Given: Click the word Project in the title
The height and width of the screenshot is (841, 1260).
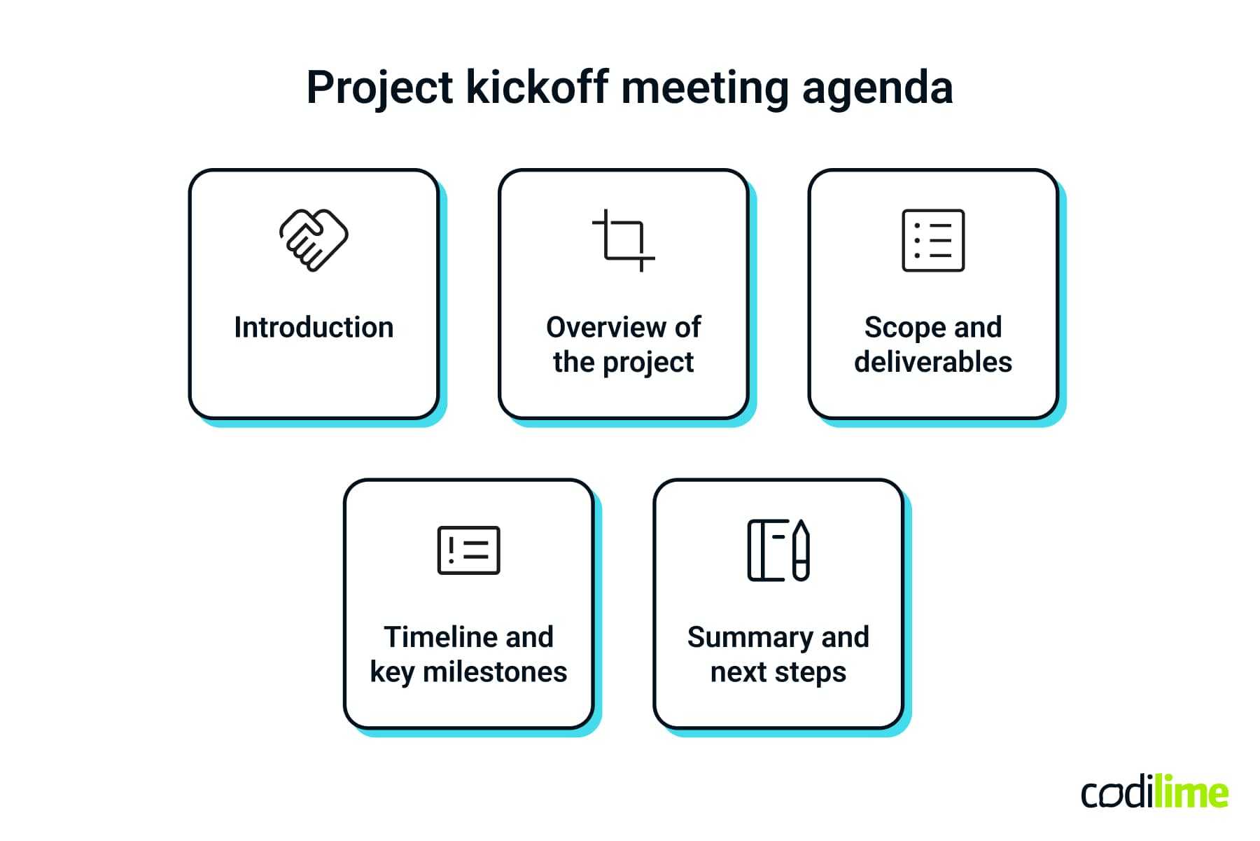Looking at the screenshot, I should [379, 88].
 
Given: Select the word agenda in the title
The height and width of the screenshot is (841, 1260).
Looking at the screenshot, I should [877, 90].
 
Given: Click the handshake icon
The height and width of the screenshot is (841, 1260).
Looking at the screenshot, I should [314, 240].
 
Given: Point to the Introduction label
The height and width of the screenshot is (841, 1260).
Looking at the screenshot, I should [314, 327].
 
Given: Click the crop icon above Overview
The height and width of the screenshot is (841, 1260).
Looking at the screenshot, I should [623, 240].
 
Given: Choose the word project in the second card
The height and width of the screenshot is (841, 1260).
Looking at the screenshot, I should [648, 363].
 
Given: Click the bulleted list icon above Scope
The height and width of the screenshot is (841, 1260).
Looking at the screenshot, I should [933, 240].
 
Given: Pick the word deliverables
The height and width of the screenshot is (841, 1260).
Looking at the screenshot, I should [933, 362].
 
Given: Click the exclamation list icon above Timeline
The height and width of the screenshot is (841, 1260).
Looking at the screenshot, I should [468, 550].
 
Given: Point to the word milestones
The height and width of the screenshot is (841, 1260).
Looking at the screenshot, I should [495, 672].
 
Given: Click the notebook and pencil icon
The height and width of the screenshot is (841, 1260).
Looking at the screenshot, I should [778, 550].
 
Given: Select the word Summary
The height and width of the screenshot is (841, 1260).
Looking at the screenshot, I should [750, 637].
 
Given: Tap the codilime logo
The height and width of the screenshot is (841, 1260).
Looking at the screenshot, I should [1154, 793].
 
